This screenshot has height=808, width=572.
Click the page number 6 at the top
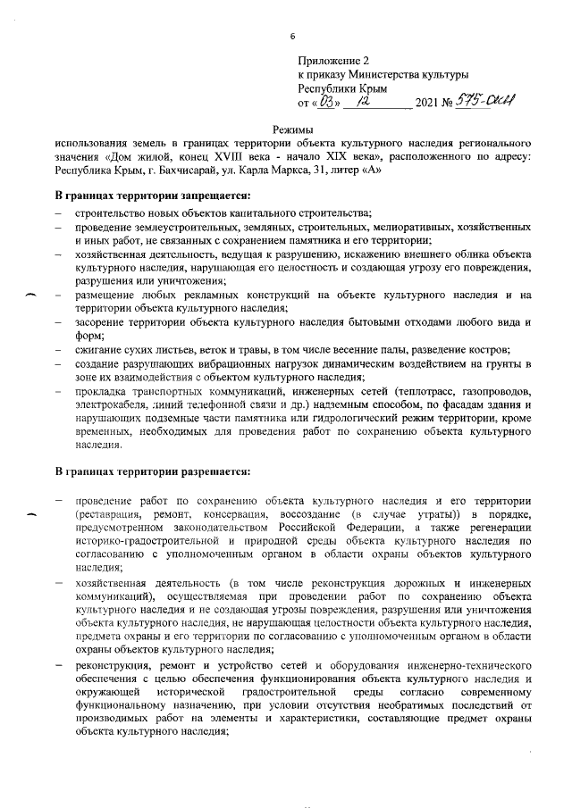[292, 37]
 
